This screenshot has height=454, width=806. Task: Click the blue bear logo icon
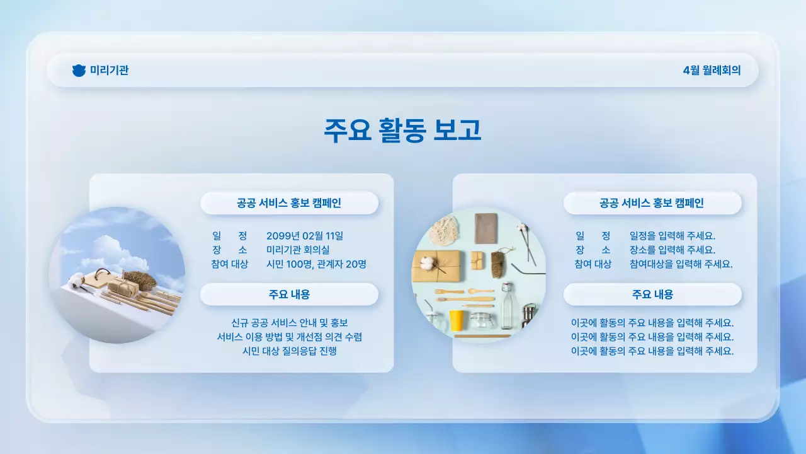click(79, 71)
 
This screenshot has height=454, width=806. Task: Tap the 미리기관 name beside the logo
click(109, 71)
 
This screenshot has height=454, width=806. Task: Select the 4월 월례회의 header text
click(712, 71)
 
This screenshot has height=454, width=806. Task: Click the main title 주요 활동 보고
click(402, 130)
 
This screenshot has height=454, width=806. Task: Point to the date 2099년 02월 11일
click(305, 236)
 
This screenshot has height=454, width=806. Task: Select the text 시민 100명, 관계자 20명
click(316, 264)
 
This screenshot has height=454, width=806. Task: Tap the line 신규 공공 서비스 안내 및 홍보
click(290, 323)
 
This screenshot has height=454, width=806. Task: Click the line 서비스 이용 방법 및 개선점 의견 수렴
click(290, 337)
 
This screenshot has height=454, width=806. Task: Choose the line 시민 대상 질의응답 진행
click(290, 351)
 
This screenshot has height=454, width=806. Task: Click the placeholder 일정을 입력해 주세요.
click(672, 236)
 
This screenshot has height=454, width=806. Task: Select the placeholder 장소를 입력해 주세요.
click(672, 250)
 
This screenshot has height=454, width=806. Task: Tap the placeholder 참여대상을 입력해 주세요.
click(681, 264)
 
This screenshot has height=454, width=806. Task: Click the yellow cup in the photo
click(456, 320)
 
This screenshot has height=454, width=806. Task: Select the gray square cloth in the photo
click(485, 228)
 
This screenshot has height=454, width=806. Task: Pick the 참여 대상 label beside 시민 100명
click(230, 264)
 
